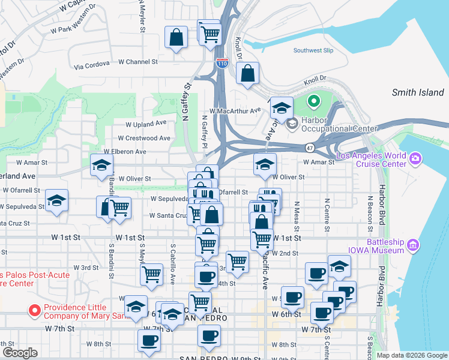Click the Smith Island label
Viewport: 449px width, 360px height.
(418, 92)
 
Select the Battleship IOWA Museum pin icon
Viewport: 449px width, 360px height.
(412, 245)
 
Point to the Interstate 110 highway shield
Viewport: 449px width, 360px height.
(221, 63)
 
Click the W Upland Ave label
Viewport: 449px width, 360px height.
(146, 124)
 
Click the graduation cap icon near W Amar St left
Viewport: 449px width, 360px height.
(101, 164)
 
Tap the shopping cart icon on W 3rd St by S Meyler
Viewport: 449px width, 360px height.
(151, 274)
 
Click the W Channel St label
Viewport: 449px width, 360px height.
(137, 61)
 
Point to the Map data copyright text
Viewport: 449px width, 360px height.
(411, 355)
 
